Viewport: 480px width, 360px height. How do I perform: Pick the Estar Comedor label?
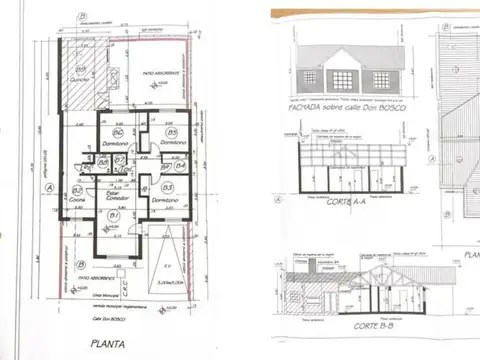tap(113, 197)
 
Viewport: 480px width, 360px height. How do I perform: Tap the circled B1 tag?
tap(114, 215)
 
